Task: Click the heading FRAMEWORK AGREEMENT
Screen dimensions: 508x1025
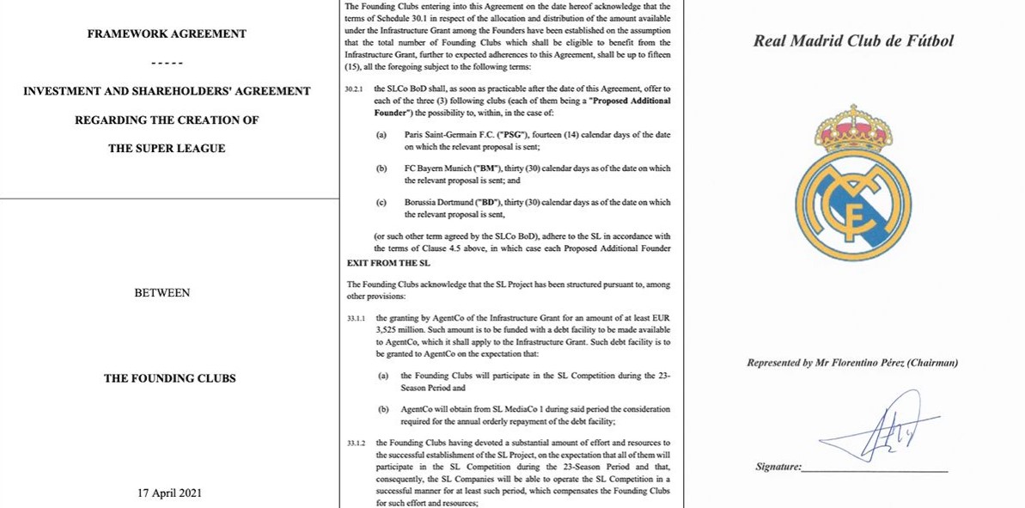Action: (167, 34)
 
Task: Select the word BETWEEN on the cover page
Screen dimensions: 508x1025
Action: (162, 293)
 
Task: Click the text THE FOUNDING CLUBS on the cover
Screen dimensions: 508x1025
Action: (169, 378)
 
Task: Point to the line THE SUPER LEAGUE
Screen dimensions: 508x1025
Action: (167, 149)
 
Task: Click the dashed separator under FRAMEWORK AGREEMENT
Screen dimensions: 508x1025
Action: (167, 63)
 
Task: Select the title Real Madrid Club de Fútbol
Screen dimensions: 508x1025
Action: (853, 41)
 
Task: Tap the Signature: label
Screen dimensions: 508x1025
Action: (778, 467)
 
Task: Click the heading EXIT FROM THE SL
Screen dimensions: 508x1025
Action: (388, 262)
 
